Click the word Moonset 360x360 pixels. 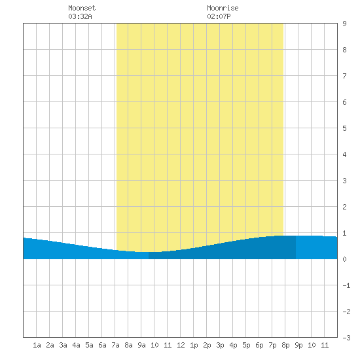(x=82, y=8)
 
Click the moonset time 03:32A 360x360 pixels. (x=80, y=16)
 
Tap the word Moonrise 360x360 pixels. (x=223, y=8)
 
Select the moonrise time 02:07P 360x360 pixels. (x=219, y=16)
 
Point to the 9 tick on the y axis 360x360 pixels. (x=344, y=24)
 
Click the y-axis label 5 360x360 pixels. (x=344, y=128)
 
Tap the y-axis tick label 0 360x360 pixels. (x=344, y=259)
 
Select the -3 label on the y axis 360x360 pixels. (x=346, y=338)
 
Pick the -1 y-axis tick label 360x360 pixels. (x=346, y=285)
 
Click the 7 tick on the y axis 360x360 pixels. (x=344, y=76)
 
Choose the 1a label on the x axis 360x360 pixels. (x=37, y=345)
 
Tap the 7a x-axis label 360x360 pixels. (x=115, y=345)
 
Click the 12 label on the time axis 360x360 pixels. (x=181, y=345)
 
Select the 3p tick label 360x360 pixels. (x=220, y=345)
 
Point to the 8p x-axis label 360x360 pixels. (x=285, y=345)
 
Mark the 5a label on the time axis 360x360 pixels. (x=89, y=345)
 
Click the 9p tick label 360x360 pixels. (x=298, y=345)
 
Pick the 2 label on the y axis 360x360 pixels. (x=344, y=207)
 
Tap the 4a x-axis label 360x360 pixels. (x=76, y=345)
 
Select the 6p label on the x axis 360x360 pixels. (x=259, y=345)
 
